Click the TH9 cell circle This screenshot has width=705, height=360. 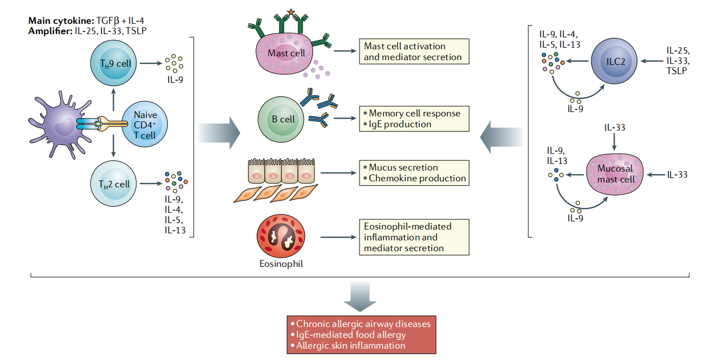click(x=112, y=64)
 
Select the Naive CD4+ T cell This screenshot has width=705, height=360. click(x=143, y=125)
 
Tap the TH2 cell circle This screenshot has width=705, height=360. click(x=112, y=184)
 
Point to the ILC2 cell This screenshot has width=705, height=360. click(x=612, y=62)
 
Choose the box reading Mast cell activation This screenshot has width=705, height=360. click(x=414, y=51)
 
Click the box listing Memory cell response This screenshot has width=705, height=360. click(x=414, y=119)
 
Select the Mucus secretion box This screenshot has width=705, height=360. click(x=414, y=173)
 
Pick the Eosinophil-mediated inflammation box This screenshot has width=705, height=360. click(x=414, y=237)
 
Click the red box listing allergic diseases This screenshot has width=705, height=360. click(x=361, y=334)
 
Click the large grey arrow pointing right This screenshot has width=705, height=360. click(x=219, y=132)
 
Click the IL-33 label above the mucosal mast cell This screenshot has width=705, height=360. click(x=615, y=128)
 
